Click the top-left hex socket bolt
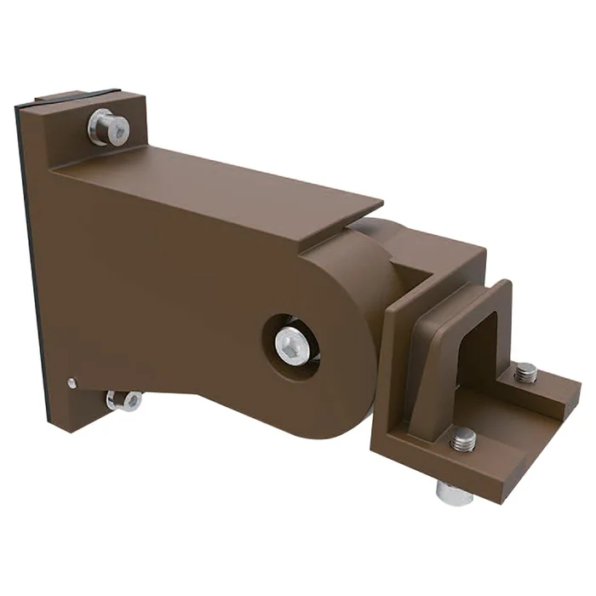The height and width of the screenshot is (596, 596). [x=108, y=128]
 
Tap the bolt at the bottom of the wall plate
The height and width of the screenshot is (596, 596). [x=125, y=399]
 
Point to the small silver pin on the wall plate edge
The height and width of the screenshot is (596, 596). [x=72, y=381]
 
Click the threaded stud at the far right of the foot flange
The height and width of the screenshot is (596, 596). [x=526, y=373]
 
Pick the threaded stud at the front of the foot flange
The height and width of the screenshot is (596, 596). [x=464, y=439]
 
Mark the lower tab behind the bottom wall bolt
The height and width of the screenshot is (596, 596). [x=94, y=409]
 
